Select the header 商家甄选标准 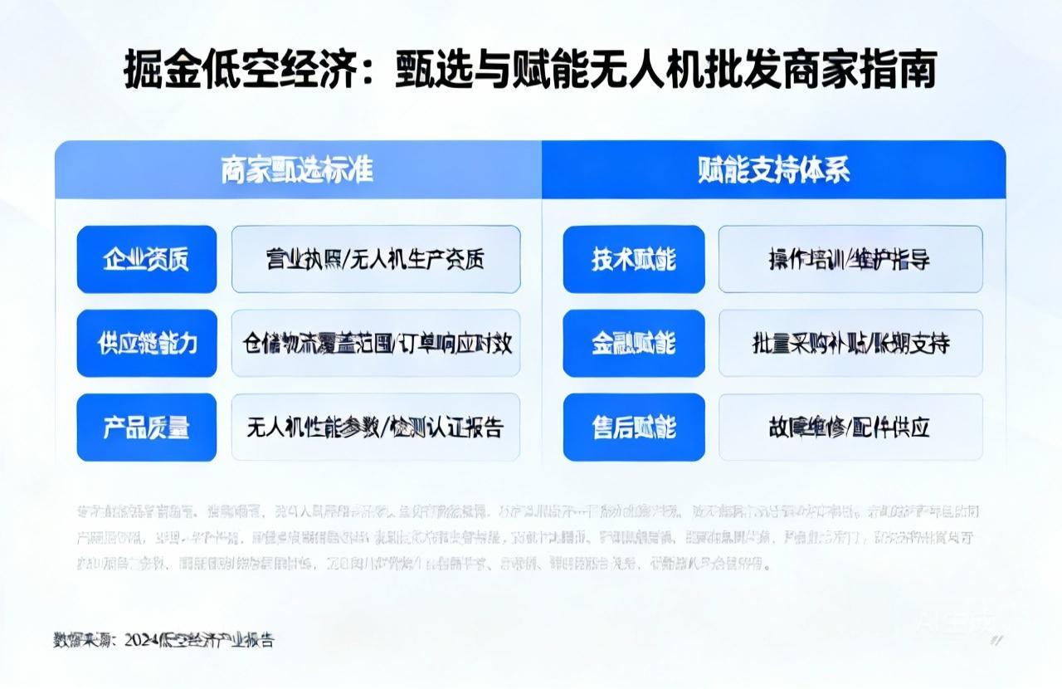click(297, 170)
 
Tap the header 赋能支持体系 click(773, 170)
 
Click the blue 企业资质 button click(147, 259)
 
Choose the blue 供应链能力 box click(147, 343)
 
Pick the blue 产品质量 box click(147, 427)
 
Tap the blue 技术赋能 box click(634, 259)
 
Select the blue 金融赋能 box click(634, 343)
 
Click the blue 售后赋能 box click(634, 427)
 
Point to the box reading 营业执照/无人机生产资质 click(376, 259)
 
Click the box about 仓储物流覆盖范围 click(376, 343)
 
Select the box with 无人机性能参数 click(376, 427)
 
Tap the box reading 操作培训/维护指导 click(850, 259)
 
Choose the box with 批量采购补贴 click(850, 343)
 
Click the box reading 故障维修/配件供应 click(850, 427)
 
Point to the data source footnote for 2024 click(163, 639)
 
